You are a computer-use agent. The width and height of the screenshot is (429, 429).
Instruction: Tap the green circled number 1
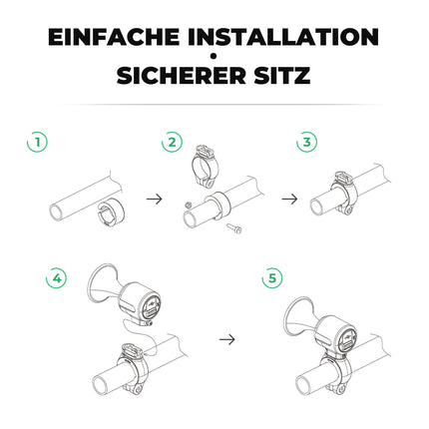pos(36,143)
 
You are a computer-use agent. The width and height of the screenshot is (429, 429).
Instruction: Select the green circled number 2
pos(173,143)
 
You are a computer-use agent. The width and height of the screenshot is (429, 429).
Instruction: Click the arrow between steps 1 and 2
pos(154,199)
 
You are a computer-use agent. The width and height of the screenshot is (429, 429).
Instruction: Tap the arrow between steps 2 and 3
pos(289,199)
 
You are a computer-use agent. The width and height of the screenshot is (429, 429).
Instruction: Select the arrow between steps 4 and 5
pos(227,339)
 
